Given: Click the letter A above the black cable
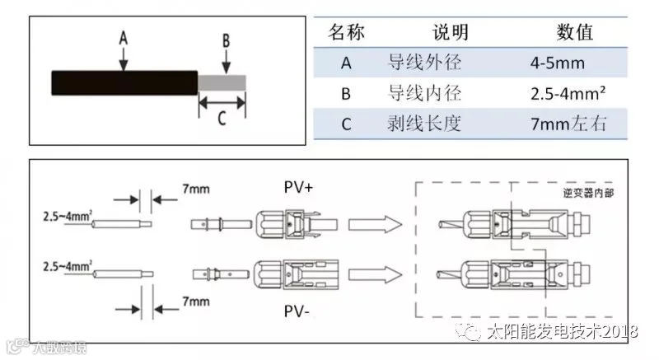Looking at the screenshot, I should pos(124,38).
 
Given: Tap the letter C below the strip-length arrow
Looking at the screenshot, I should pos(222,118).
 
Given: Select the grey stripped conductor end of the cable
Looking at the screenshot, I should pos(222,82).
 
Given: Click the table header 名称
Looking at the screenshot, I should pos(347,33).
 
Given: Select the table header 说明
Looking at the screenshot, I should pos(450,33).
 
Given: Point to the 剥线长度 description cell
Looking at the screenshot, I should pos(423,124).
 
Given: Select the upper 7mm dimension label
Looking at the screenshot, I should pos(196,189).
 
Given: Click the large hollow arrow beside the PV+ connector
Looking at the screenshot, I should pos(374,224).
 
